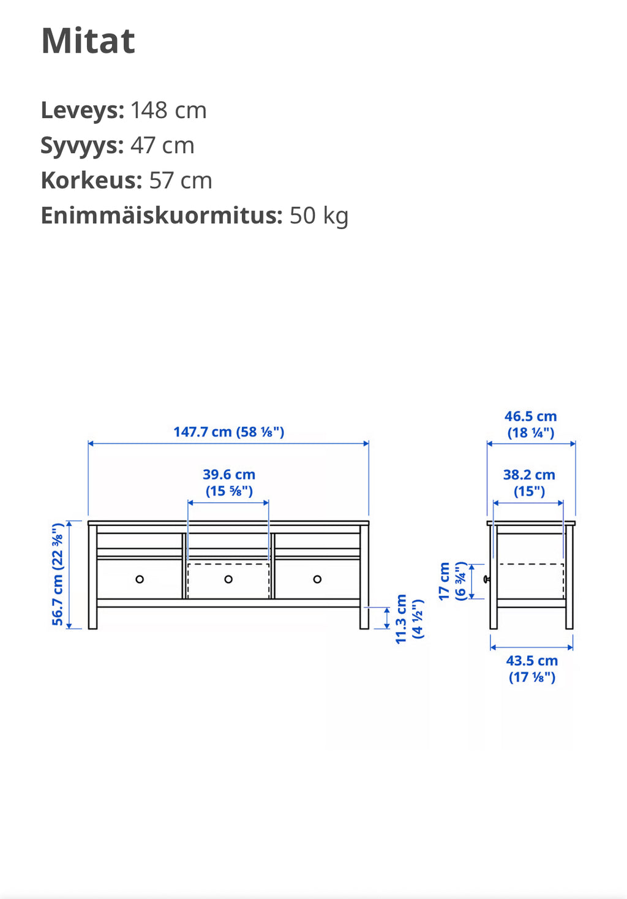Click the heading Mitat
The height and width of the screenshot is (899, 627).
[88, 41]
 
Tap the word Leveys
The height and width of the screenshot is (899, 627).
[82, 111]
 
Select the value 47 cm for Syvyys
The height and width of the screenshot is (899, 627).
[162, 146]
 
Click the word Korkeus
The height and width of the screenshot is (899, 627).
[91, 181]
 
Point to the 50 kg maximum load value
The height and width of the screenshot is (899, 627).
[318, 216]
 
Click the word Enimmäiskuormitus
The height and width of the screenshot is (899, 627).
[161, 216]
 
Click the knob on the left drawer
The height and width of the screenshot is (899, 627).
[140, 579]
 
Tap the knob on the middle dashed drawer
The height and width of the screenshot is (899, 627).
[228, 579]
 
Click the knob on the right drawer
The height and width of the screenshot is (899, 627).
[317, 579]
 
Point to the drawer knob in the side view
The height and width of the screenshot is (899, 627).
[487, 579]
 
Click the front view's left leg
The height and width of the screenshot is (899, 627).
[92, 615]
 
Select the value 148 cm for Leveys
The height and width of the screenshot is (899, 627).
[168, 111]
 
